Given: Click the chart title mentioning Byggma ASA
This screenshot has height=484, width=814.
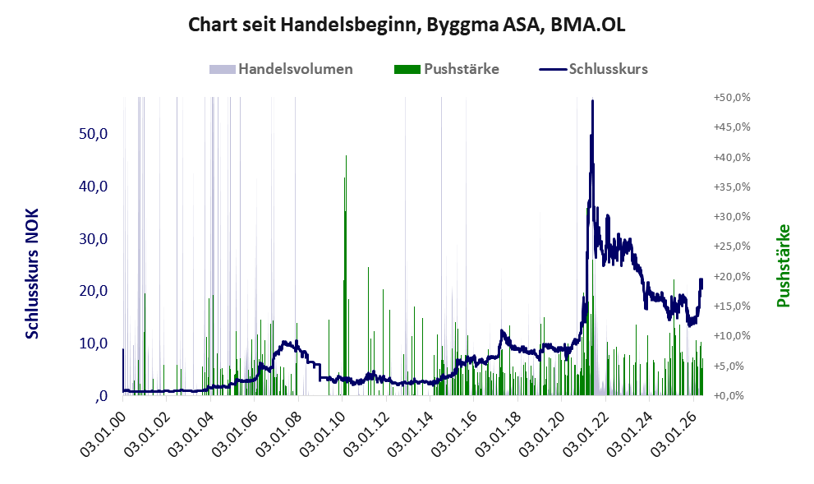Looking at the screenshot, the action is pos(407,25).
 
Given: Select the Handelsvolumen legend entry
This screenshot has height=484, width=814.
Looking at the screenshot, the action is pos(281,69).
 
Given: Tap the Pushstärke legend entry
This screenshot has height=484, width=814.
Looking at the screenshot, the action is pos(447,69).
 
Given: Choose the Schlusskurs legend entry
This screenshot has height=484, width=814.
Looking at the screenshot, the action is pos(593,69).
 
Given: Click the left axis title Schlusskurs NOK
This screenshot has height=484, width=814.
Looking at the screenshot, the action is pos(32,274).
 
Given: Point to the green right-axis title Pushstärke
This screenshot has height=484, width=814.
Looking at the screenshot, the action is pos(784,265).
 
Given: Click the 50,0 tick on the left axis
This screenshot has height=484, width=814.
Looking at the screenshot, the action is pos(93,134).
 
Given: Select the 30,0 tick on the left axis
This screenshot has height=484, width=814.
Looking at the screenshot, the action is pos(93,239).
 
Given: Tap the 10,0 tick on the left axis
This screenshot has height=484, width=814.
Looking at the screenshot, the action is pos(93,343).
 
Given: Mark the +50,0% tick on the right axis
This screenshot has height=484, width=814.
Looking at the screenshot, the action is pos(732,98).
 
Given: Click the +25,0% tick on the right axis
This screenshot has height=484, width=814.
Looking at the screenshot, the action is pos(732,247).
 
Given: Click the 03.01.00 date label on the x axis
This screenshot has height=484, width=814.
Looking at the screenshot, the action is pos(103,434).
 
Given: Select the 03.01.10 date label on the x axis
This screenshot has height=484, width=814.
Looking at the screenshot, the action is pos(322,434).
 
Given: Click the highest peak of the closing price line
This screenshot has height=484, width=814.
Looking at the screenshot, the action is pos(592,101).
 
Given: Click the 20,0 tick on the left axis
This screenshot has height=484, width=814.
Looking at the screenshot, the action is pos(93,291).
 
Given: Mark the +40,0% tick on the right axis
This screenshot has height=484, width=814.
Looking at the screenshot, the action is pos(732,157).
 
